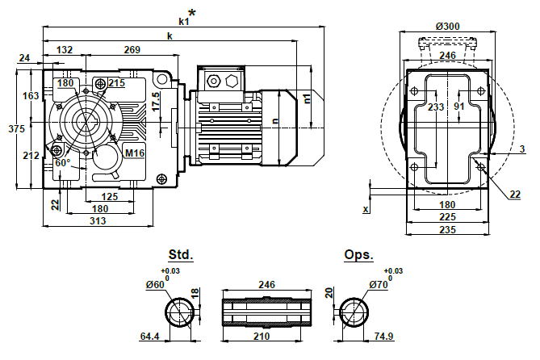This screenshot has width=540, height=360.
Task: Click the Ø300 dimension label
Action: (x=448, y=27)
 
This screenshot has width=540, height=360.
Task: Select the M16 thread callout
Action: (x=134, y=152)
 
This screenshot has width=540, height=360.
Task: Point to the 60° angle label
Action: (x=63, y=162)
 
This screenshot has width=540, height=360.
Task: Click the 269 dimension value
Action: (x=134, y=49)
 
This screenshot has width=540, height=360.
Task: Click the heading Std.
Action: (x=181, y=254)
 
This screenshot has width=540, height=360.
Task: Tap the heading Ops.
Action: (x=359, y=254)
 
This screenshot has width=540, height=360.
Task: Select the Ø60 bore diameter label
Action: (x=157, y=284)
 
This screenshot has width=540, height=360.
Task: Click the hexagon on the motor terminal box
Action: (x=232, y=81)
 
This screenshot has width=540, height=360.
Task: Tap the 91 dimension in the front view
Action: (x=459, y=106)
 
